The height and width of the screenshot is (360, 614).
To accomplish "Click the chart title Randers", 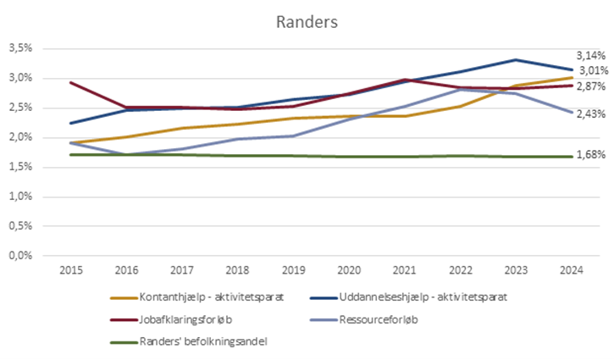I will (307, 21).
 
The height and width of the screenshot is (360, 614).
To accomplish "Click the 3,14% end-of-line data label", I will (590, 55).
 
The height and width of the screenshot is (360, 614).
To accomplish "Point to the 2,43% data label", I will (590, 114).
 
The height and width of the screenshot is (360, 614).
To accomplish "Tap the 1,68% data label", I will (590, 155).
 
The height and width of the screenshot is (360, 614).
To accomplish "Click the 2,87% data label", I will (590, 87).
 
